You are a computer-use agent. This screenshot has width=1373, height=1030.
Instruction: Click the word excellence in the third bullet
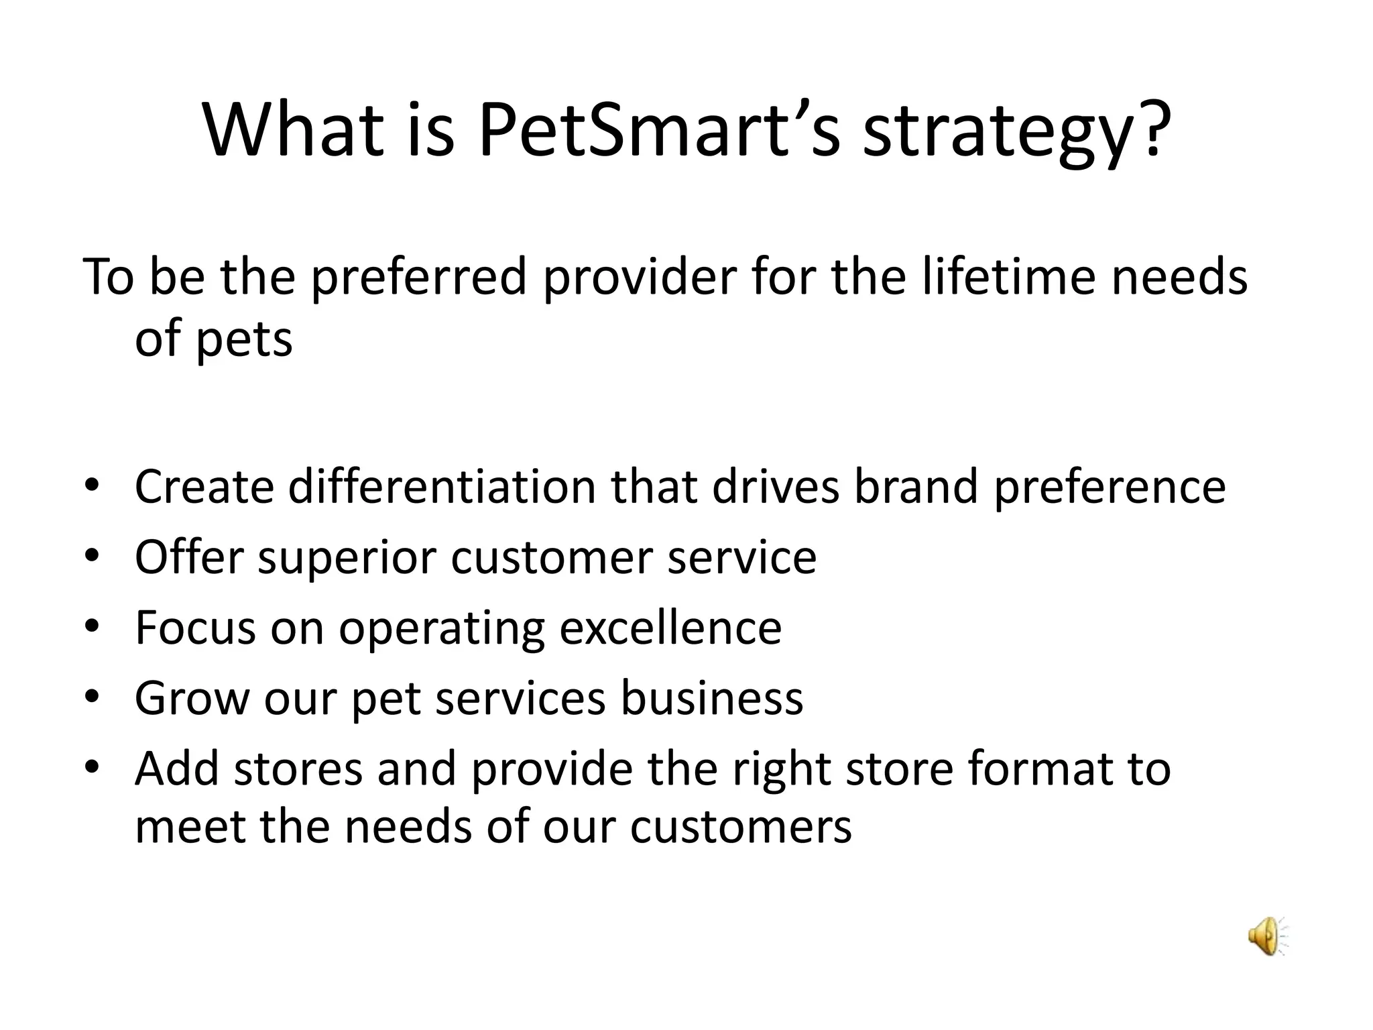[670, 628]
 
